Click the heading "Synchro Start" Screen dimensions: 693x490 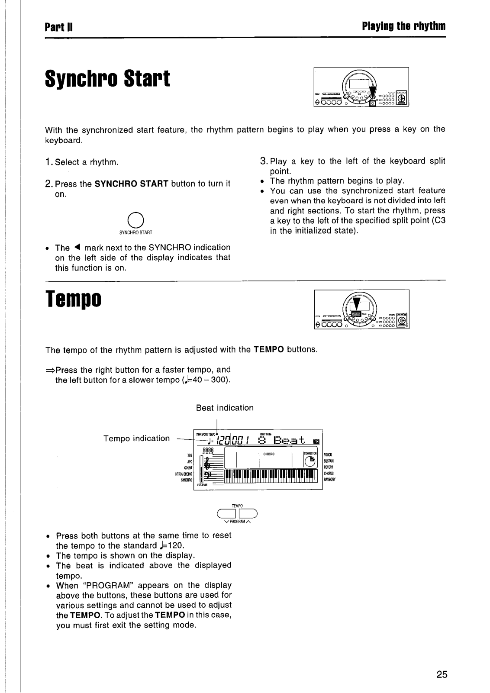point(107,78)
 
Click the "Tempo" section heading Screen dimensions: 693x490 point(73,298)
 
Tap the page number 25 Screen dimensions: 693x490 point(442,674)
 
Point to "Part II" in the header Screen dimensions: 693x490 point(58,27)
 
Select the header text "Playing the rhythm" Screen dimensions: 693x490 point(403,27)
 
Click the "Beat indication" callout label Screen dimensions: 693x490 point(225,408)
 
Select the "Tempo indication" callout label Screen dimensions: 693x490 point(137,438)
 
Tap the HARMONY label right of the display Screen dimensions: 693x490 point(330,480)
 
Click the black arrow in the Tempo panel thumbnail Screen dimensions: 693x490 point(357,304)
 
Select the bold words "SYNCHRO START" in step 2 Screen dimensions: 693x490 point(131,184)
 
